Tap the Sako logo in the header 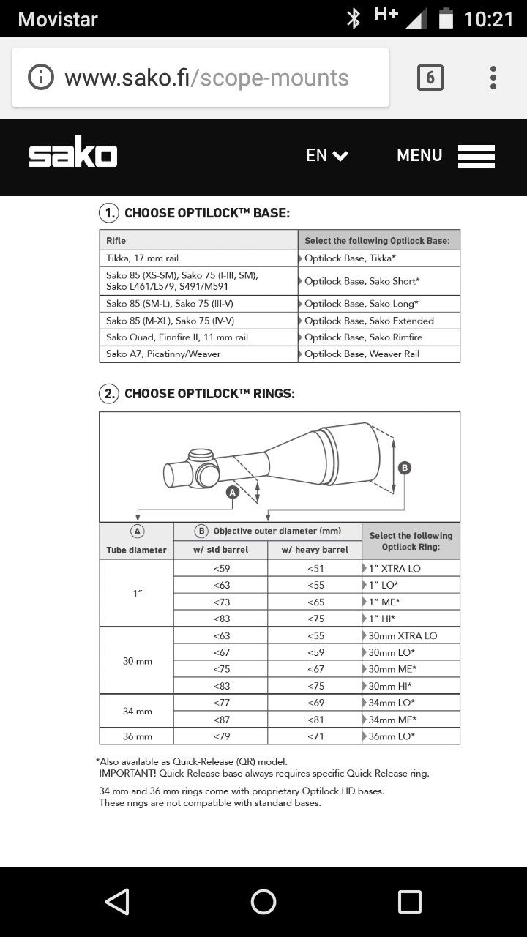point(73,155)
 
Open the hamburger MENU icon point(476,156)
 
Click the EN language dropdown point(326,155)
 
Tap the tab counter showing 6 point(430,78)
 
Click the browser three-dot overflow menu point(493,78)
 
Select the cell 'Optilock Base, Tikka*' point(378,258)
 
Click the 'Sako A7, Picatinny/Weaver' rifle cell point(163,354)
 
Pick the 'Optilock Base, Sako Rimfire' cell point(378,337)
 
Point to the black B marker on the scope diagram point(403,468)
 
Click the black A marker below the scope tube point(233,493)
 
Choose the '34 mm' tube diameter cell point(137,711)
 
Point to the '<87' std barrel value point(221,720)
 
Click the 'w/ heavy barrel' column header point(315,550)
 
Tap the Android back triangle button point(118,902)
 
